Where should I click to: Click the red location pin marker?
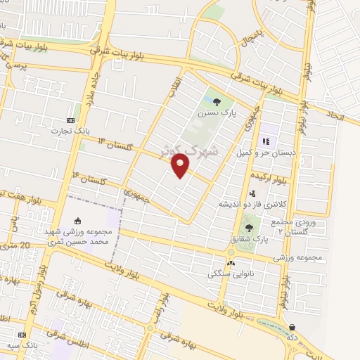181,166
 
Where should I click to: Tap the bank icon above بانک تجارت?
69,120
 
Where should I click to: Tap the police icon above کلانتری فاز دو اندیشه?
252,193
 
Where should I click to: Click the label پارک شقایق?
251,239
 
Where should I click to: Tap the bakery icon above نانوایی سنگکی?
231,263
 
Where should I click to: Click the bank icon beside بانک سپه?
22,335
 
